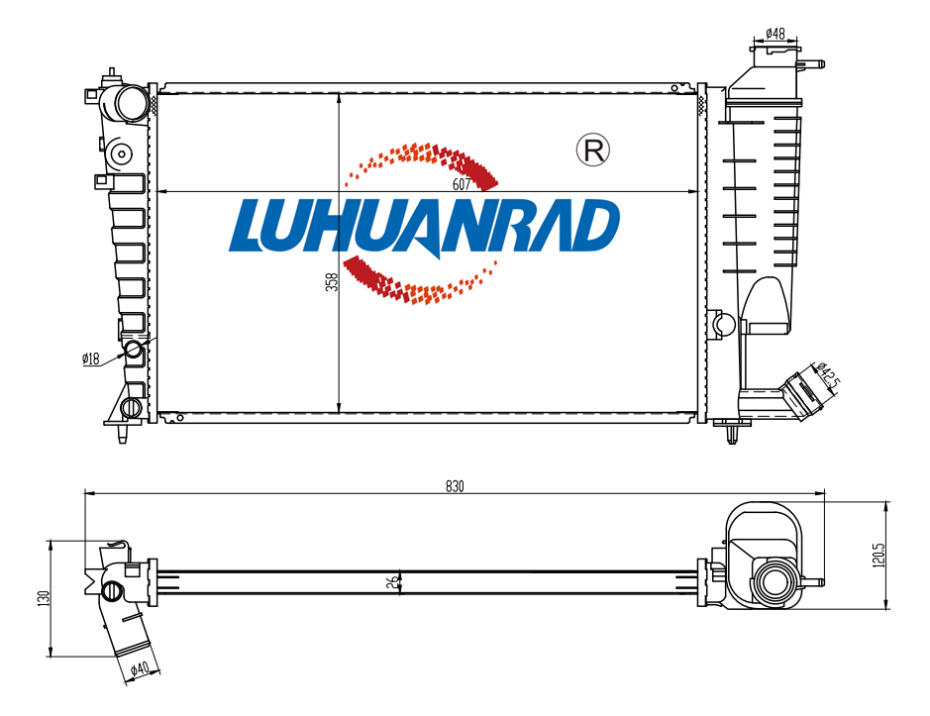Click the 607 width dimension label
[461, 184]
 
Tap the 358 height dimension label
[332, 281]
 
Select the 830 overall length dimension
[455, 486]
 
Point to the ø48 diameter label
[775, 34]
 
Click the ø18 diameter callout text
[91, 358]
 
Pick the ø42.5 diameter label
[828, 375]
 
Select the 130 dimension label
[43, 598]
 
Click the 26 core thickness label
[392, 582]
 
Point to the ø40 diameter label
[140, 668]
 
